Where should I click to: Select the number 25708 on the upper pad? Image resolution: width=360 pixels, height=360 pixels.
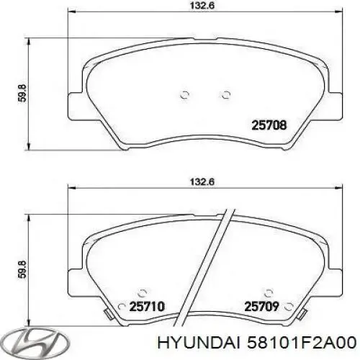(269, 125)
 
